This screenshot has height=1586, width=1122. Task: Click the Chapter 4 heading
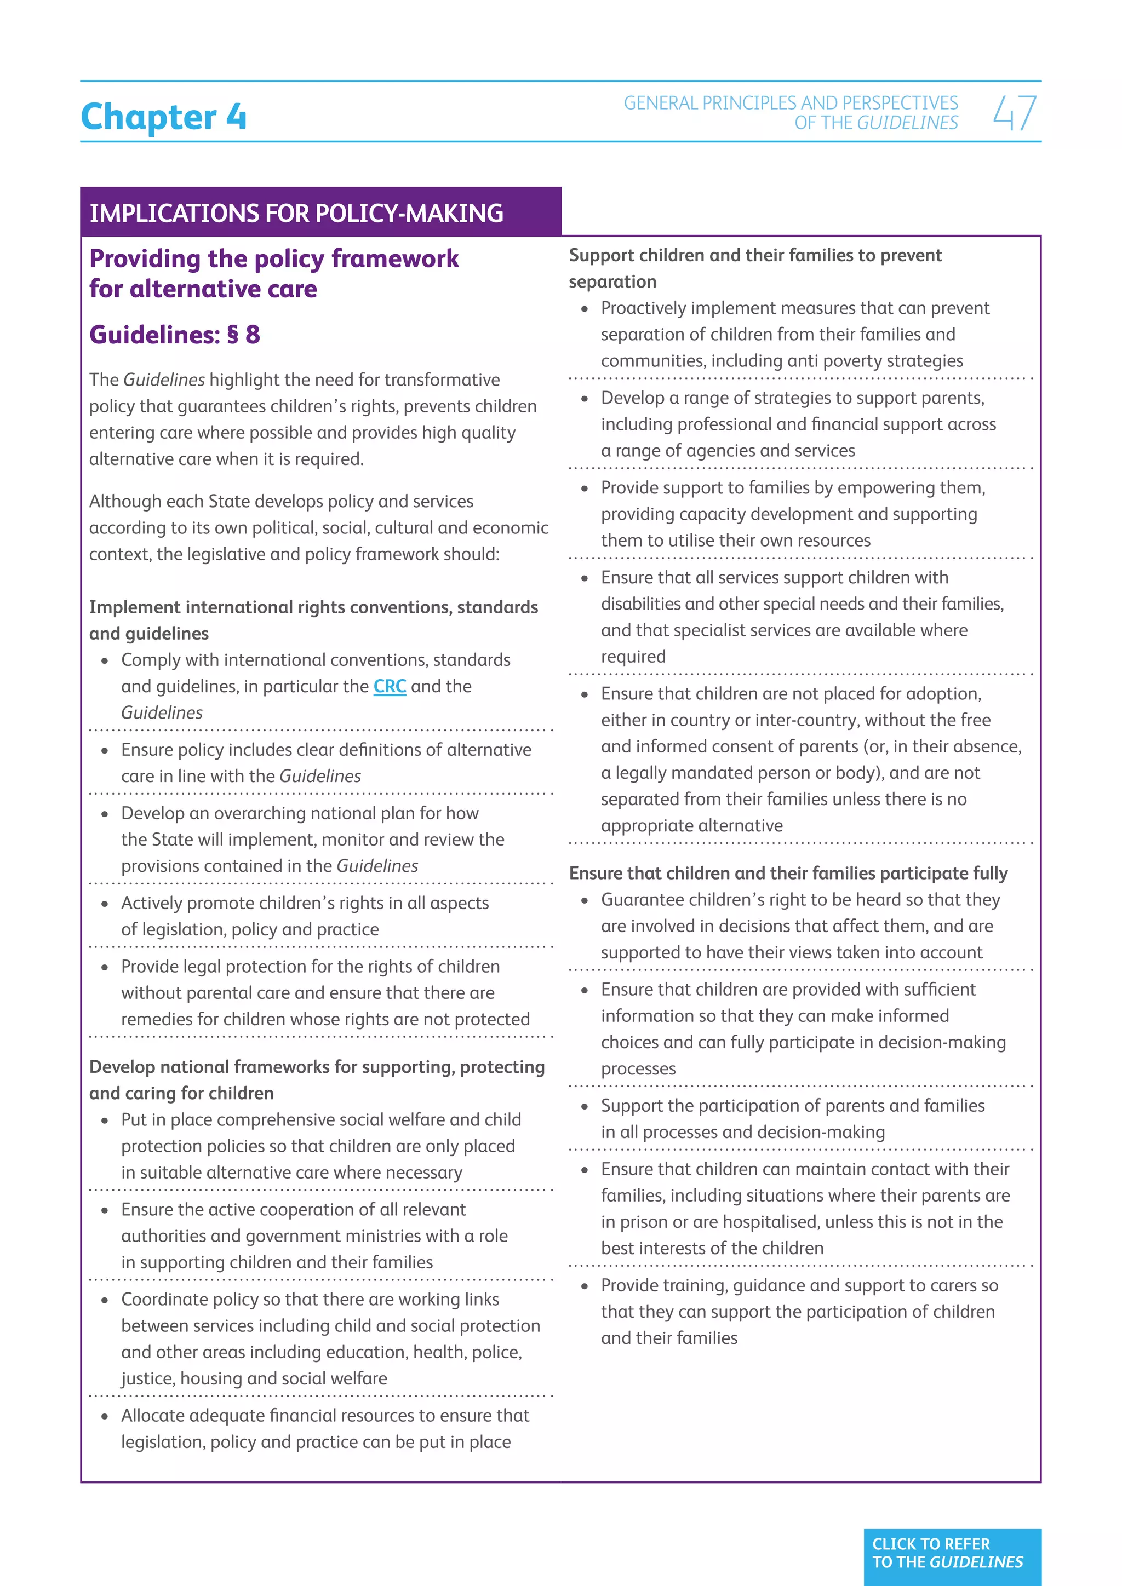click(x=163, y=116)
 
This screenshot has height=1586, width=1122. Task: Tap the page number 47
click(x=1014, y=113)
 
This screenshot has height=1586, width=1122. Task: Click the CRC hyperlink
click(x=390, y=687)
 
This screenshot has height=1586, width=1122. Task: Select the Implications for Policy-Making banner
click(x=297, y=212)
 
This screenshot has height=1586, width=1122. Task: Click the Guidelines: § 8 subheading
click(x=175, y=335)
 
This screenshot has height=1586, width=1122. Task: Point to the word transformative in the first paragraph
click(x=442, y=380)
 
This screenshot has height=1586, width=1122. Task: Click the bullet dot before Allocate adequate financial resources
click(x=105, y=1417)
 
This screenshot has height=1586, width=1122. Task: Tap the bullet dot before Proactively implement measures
click(x=585, y=309)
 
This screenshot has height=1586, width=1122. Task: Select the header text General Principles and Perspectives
click(x=791, y=103)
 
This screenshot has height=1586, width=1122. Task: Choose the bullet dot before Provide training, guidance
click(x=585, y=1287)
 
